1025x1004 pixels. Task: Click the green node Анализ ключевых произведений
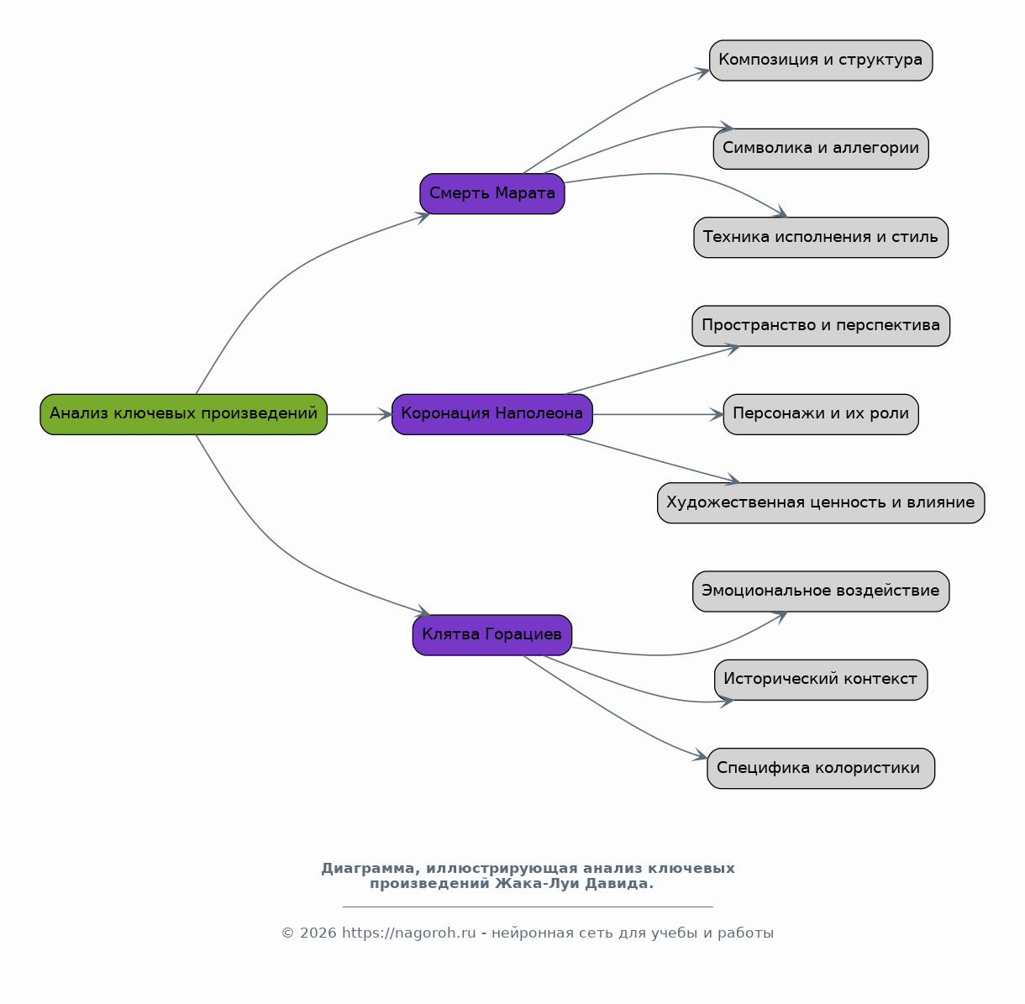tap(183, 414)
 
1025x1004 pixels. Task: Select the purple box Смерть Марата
tap(492, 194)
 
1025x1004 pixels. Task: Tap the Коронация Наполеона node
tap(492, 414)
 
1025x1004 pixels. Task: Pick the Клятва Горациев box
tap(492, 635)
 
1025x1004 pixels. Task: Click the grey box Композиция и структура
tap(821, 60)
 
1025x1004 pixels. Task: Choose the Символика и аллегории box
tap(821, 149)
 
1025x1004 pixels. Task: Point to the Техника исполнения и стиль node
tap(821, 237)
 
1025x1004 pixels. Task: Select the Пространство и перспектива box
tap(821, 326)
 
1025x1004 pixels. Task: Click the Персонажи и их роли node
tap(821, 414)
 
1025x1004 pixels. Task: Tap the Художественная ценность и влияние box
tap(821, 502)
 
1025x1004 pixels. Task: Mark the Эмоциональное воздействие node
tap(821, 591)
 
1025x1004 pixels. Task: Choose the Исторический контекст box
tap(821, 680)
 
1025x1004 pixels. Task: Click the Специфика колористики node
tap(821, 768)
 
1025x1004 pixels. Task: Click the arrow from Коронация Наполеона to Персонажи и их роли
tap(658, 414)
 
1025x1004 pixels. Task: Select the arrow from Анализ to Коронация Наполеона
tap(360, 414)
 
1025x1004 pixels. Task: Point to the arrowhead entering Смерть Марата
tap(424, 217)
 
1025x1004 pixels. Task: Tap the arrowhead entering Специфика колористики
tap(700, 755)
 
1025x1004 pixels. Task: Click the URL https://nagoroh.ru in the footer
tap(408, 933)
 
